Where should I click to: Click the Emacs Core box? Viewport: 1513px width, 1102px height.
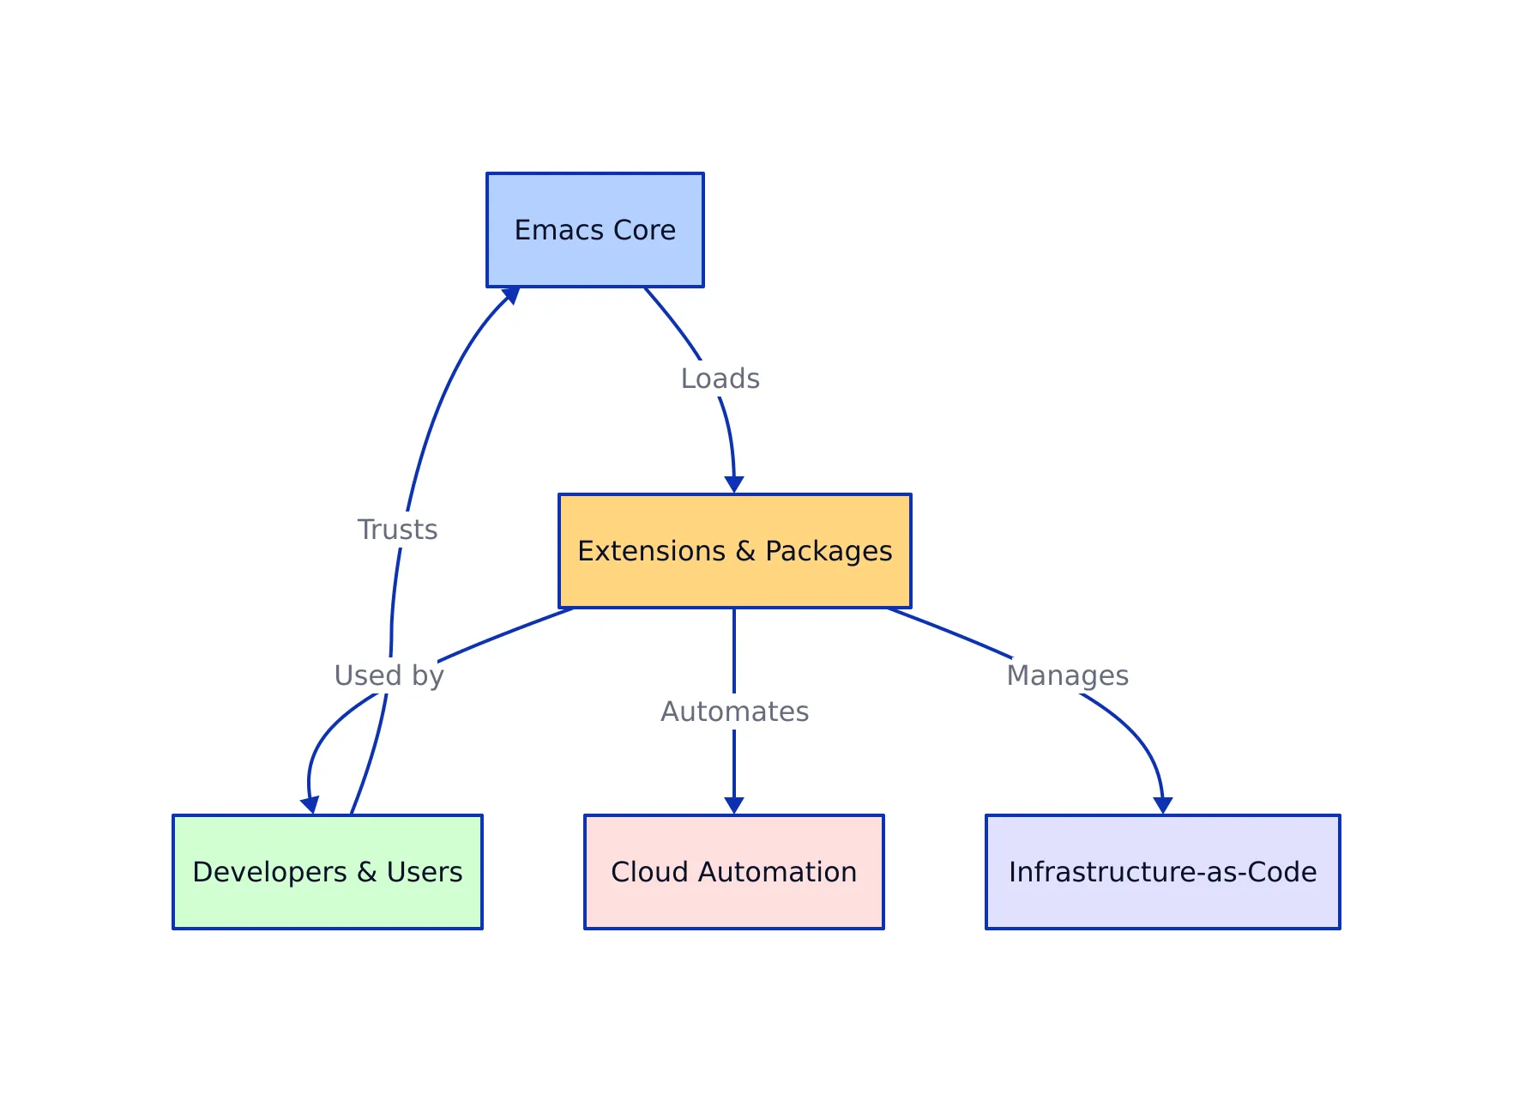click(594, 230)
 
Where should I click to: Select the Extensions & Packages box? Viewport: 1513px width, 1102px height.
click(734, 551)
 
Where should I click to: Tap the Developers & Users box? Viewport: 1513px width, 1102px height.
click(327, 872)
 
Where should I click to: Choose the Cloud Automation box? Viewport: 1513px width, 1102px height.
click(733, 872)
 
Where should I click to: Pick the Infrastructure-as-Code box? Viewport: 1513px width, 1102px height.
click(1162, 872)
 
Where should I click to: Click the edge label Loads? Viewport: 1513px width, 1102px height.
click(720, 378)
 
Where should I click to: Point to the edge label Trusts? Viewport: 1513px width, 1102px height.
click(397, 530)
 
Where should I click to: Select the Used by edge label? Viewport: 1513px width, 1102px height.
click(389, 675)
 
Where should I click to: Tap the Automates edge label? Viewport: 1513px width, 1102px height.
click(734, 711)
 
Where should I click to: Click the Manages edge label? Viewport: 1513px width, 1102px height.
click(1067, 675)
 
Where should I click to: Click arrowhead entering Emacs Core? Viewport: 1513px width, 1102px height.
click(512, 294)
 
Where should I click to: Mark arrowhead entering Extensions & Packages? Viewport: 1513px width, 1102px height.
click(734, 485)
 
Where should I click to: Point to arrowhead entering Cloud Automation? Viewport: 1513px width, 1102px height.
click(734, 806)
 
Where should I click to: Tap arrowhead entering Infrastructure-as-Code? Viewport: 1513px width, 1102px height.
click(1163, 806)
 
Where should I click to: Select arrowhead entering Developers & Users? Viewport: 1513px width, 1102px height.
click(310, 805)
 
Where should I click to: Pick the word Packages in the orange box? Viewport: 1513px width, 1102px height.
click(829, 551)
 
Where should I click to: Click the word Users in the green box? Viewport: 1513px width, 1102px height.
click(424, 872)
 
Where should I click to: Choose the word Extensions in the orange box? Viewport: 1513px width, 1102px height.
click(651, 551)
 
